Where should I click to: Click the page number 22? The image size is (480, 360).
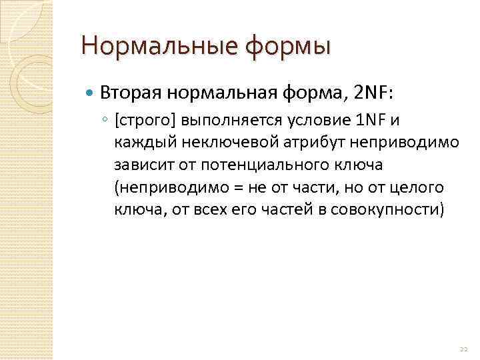click(463, 349)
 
